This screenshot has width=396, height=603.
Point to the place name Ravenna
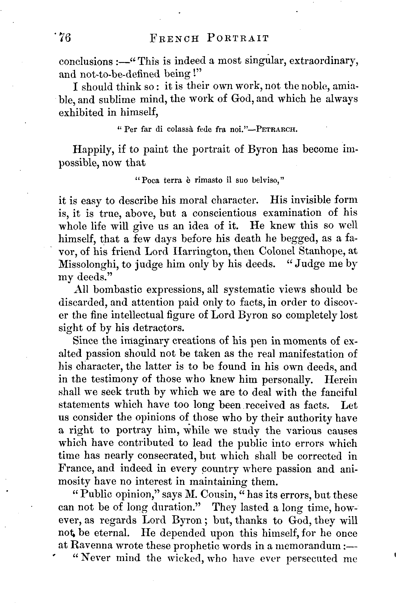coord(91,546)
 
